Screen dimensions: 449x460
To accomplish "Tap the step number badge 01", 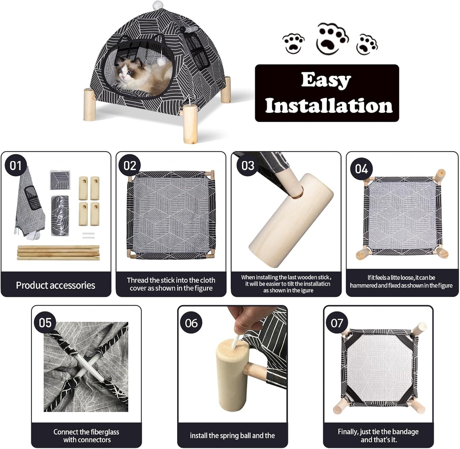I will pos(15,166).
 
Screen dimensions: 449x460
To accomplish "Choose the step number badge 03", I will pos(248,166).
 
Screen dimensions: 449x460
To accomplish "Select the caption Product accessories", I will pos(55,285).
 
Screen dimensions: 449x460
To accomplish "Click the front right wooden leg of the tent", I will pos(189,125).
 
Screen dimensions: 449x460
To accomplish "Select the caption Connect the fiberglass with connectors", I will pos(86,436).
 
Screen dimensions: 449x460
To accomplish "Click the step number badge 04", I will pos(361,169).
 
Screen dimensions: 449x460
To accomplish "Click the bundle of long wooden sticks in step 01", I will pos(58,253).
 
